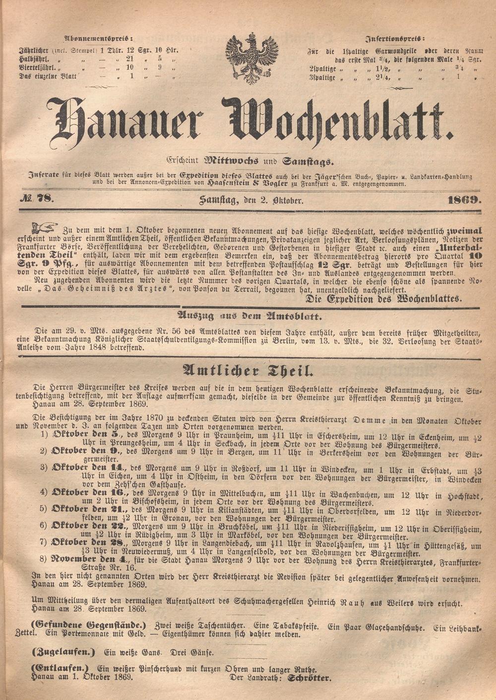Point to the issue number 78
pos(46,200)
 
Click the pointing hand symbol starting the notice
pos(44,229)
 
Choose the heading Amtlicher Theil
pos(248,370)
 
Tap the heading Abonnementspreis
pos(98,38)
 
